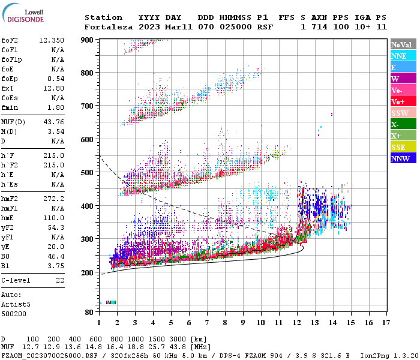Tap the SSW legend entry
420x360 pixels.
[x=401, y=113]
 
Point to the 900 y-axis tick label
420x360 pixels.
[x=87, y=40]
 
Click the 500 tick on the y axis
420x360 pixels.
[x=87, y=173]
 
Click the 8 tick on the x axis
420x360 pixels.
[x=225, y=323]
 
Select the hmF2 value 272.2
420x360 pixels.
[x=53, y=197]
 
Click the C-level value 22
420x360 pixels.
[x=60, y=280]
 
